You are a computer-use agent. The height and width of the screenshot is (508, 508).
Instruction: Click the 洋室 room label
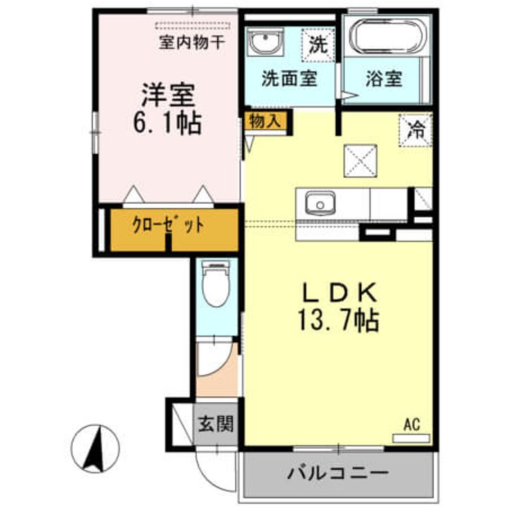(167, 95)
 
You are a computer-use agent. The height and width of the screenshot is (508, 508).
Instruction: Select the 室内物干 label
(192, 42)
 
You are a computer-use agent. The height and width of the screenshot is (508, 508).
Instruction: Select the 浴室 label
(384, 78)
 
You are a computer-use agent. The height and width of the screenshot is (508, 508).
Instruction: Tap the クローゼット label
(169, 226)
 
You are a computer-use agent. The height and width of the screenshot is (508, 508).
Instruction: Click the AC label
(412, 425)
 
